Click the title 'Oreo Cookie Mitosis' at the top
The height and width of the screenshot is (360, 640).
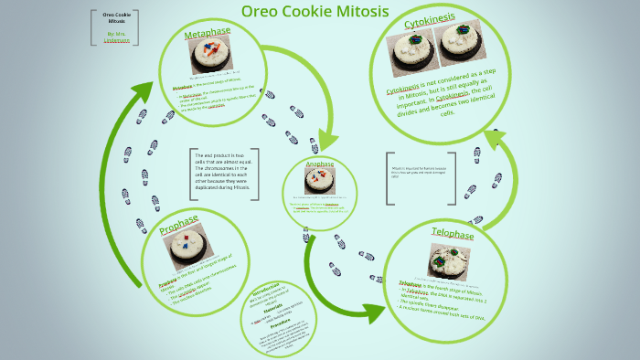coord(315,12)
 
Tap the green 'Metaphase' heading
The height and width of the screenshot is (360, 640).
coord(208,33)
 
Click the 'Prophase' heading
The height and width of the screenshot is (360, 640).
coord(179,225)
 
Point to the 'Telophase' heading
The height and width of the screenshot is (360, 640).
coord(452,235)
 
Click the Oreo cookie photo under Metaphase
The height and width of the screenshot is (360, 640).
coord(210,54)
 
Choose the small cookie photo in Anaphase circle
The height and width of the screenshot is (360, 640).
coord(320,180)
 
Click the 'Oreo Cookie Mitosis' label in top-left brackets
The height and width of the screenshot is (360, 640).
coord(115,19)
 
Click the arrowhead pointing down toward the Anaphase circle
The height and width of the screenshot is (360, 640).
coord(326,139)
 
